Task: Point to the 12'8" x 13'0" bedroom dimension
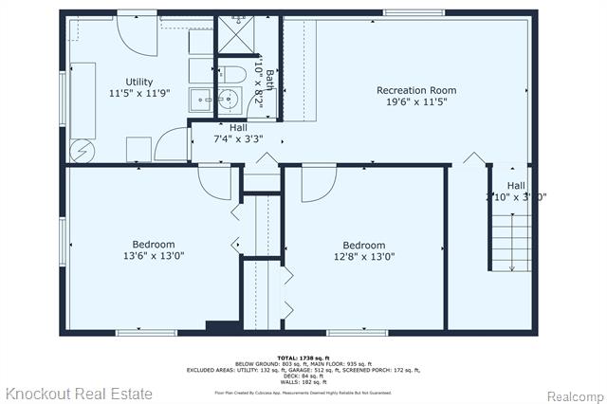363,255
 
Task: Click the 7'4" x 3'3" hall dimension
238,138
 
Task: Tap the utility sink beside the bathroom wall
201,99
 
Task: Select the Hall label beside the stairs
515,185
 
